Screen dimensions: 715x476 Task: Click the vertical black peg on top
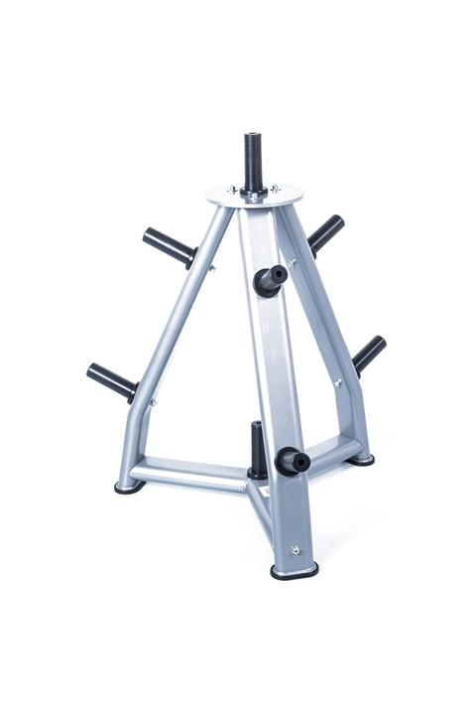click(253, 164)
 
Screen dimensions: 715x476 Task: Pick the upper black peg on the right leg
click(325, 233)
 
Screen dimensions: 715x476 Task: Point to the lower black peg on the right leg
click(369, 353)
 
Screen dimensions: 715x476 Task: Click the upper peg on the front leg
click(271, 280)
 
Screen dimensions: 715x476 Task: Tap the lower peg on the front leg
click(292, 460)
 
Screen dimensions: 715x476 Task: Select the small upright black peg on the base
click(258, 448)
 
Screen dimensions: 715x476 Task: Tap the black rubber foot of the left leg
click(129, 487)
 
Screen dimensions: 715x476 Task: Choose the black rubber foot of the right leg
click(362, 459)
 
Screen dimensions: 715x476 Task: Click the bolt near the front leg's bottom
click(295, 549)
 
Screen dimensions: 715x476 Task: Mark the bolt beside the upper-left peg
click(211, 267)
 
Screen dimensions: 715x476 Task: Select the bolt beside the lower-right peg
click(337, 382)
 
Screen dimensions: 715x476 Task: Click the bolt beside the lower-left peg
click(152, 402)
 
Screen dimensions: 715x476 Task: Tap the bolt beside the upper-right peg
click(291, 263)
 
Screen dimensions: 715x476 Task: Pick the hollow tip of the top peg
click(253, 135)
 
